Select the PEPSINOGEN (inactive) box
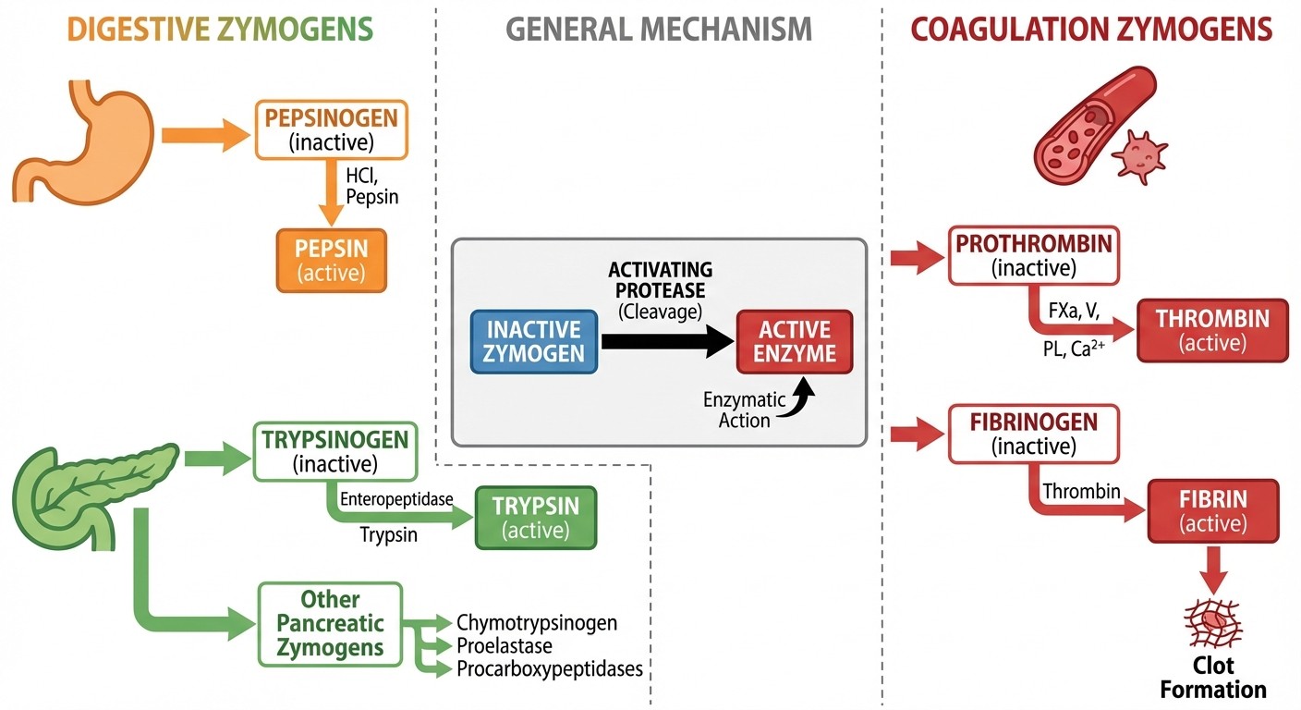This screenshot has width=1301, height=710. coord(331,129)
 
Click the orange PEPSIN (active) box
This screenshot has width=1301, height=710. coord(331,261)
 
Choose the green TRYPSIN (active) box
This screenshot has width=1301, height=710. coord(535,518)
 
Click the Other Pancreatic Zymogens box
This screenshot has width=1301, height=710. coord(331,623)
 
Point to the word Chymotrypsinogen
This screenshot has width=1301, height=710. coord(536,622)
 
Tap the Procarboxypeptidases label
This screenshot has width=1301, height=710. coord(549,668)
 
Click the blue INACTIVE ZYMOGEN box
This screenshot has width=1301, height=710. coord(533,341)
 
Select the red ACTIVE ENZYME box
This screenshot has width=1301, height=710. coord(794,341)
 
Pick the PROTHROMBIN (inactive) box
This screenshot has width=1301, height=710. coord(1034,255)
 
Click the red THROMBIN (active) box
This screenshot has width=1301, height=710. coord(1212,330)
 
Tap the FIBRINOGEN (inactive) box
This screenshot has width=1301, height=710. coord(1034,434)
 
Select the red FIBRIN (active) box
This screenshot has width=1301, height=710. coord(1212,510)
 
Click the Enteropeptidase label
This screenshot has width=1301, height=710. coord(396,499)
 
